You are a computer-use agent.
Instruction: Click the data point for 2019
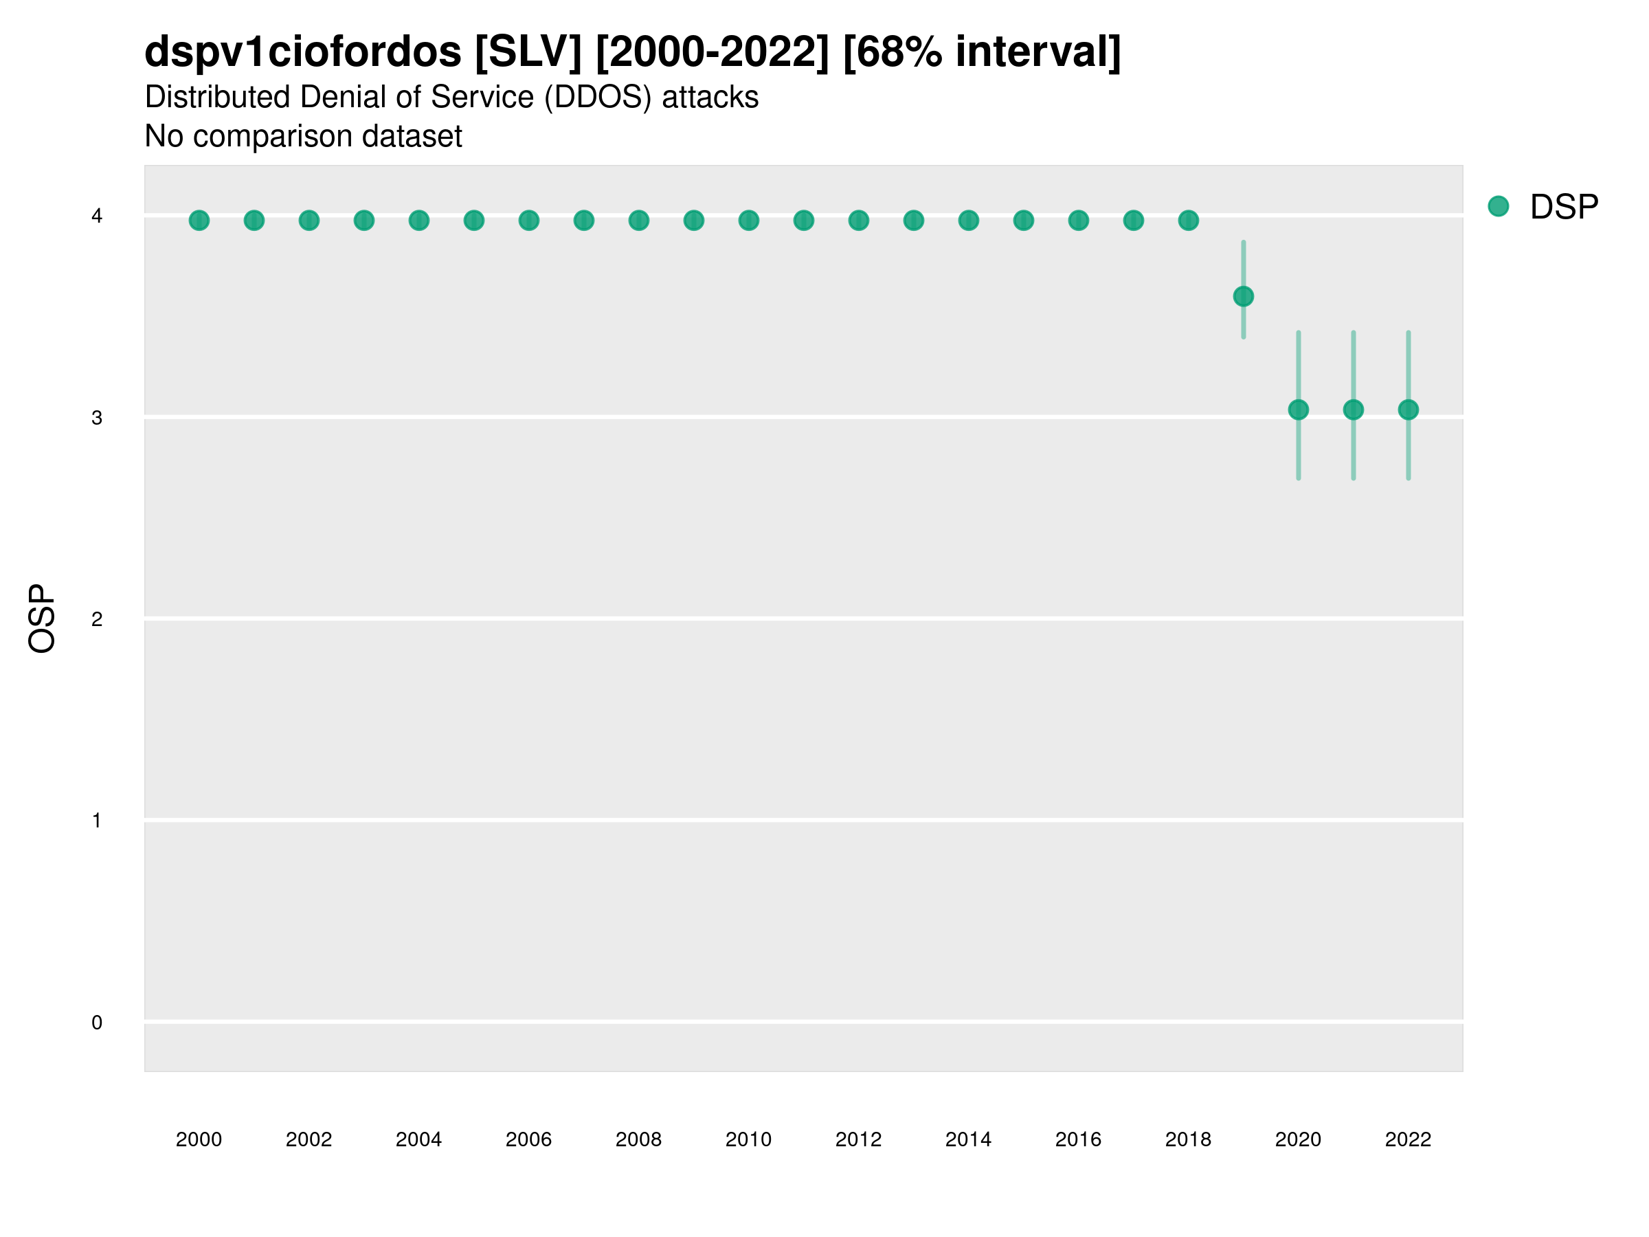pyautogui.click(x=1243, y=297)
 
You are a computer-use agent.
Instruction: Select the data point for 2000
pyautogui.click(x=199, y=221)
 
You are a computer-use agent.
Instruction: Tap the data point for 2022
pyautogui.click(x=1409, y=410)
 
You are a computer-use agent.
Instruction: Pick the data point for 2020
pyautogui.click(x=1298, y=410)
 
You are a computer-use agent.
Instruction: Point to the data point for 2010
pyautogui.click(x=748, y=221)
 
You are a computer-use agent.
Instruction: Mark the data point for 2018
pyautogui.click(x=1188, y=221)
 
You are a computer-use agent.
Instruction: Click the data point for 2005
pyautogui.click(x=474, y=221)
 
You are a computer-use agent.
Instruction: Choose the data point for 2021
pyautogui.click(x=1353, y=410)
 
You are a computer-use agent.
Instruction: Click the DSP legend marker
pyautogui.click(x=1498, y=207)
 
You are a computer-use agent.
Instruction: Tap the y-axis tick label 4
pyautogui.click(x=97, y=216)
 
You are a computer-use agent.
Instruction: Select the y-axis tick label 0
pyautogui.click(x=97, y=1023)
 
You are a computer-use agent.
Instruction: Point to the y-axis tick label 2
pyautogui.click(x=97, y=619)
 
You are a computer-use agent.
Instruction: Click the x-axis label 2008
pyautogui.click(x=639, y=1139)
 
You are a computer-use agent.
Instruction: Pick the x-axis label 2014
pyautogui.click(x=968, y=1139)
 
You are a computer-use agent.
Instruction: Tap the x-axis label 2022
pyautogui.click(x=1409, y=1139)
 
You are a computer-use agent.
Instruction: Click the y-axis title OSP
pyautogui.click(x=43, y=619)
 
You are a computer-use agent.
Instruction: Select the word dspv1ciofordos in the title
pyautogui.click(x=303, y=52)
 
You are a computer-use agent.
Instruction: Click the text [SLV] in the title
pyautogui.click(x=528, y=52)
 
